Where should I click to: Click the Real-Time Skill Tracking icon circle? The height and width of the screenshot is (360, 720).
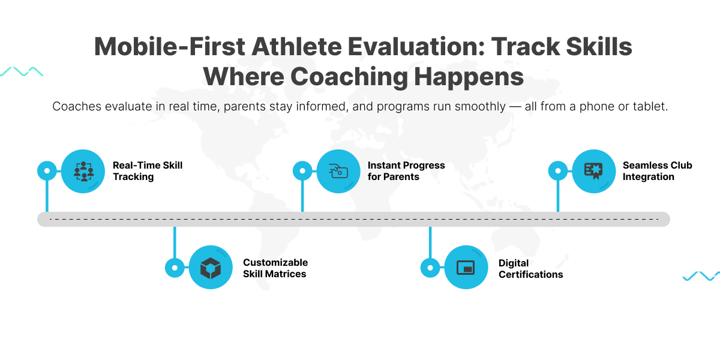point(83,172)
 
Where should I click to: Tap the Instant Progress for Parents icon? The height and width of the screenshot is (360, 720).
point(338,172)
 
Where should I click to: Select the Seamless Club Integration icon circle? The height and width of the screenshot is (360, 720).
point(593,172)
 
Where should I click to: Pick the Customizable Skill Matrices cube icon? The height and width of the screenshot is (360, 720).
point(211,268)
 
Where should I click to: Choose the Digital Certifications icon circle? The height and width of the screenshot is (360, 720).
point(466,268)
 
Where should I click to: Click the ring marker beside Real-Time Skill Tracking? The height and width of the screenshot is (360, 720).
point(47,170)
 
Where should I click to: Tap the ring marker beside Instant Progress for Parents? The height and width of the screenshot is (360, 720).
point(302,170)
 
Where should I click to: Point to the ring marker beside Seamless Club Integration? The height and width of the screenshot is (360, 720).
point(557,170)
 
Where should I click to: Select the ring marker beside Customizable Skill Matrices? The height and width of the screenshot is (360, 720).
point(175,268)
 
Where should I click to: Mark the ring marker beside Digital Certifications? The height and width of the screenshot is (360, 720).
point(430,268)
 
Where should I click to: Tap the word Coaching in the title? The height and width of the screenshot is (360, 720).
point(349,77)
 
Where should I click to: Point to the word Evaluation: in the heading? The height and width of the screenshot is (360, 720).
point(416,47)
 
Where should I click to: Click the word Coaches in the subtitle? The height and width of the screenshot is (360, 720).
point(77,106)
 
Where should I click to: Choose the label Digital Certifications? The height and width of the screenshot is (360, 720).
point(530,269)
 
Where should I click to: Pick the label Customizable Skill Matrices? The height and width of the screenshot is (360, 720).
point(275,268)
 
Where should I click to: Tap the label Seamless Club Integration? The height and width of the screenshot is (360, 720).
point(658,171)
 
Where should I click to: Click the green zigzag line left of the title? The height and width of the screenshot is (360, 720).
point(22,71)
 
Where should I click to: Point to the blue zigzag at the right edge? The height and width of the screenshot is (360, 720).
point(701,276)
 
